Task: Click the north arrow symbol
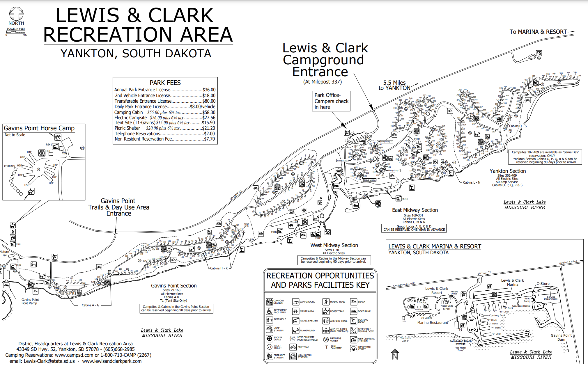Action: [16, 14]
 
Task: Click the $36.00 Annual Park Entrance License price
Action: [209, 90]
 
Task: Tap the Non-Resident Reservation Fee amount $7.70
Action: [209, 139]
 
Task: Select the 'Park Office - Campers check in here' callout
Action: [331, 101]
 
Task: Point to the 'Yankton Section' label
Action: [507, 171]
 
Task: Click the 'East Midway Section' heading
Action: [415, 210]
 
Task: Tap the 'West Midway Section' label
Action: [334, 245]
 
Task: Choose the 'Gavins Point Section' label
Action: [173, 286]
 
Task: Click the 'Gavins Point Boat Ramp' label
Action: [30, 301]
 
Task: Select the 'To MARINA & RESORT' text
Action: [538, 32]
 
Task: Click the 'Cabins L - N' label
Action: [472, 182]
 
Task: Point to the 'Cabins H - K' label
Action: [219, 268]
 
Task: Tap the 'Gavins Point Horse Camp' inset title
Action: [39, 128]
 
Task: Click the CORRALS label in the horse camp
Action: [9, 166]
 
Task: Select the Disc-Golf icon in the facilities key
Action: [269, 320]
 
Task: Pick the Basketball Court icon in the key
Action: [353, 348]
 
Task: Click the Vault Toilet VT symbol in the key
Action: [269, 347]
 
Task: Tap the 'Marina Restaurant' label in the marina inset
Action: [433, 323]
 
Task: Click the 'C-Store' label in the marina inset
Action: [543, 284]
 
